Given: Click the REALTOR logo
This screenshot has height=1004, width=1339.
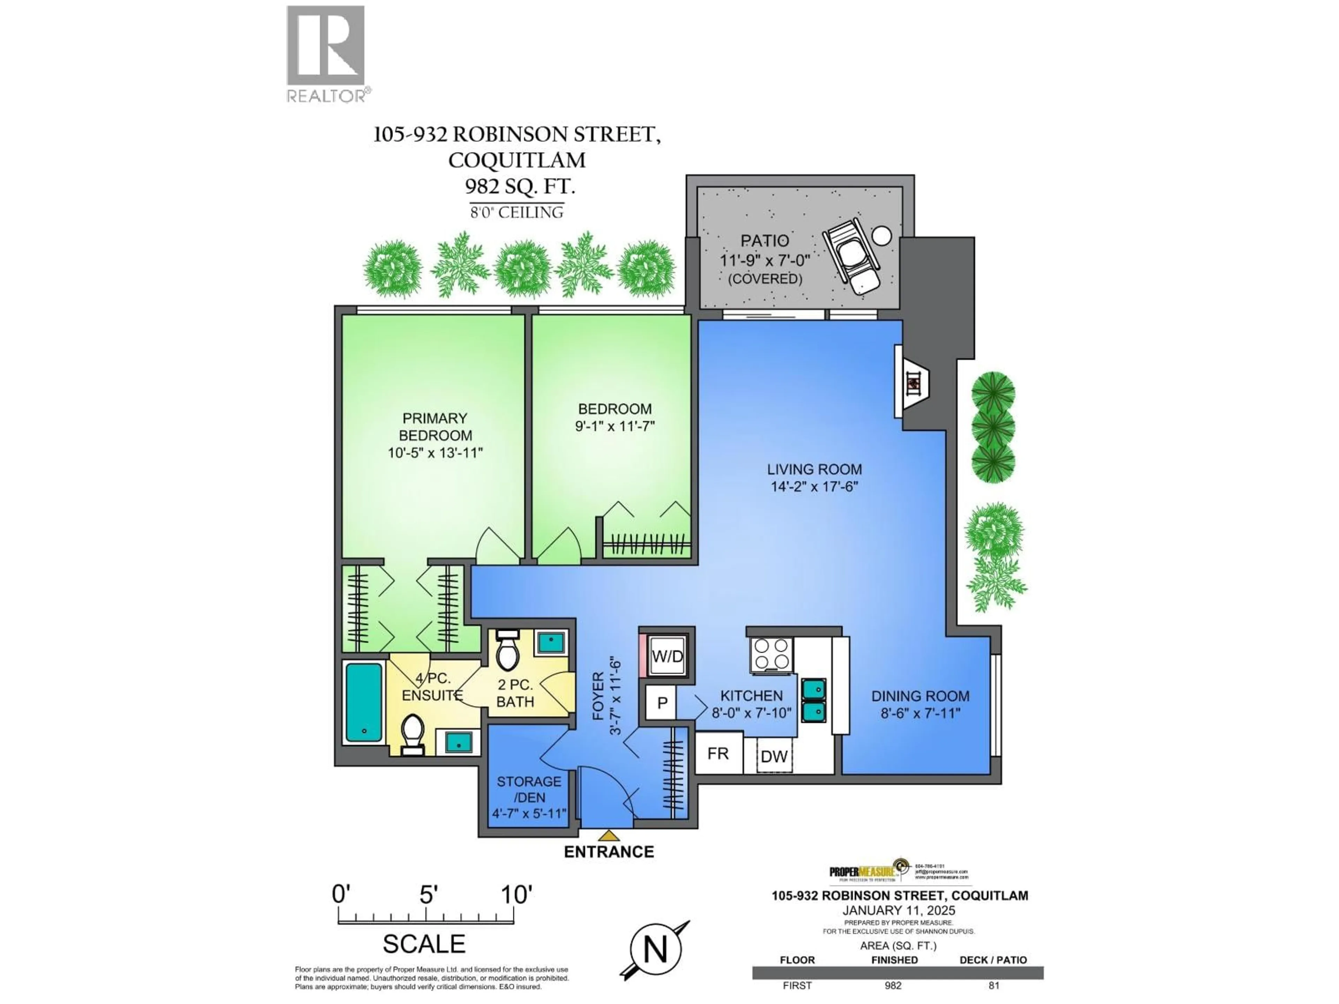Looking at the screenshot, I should (326, 53).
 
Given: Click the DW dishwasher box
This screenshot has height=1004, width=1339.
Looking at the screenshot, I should (774, 756).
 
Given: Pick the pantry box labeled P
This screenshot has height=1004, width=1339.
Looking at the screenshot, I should (662, 702).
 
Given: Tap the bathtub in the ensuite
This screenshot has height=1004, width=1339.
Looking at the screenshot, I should (363, 702).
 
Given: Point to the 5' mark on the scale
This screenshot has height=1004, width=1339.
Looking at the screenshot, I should (428, 895).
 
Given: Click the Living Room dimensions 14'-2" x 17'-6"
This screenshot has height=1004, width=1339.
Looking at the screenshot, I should (814, 487).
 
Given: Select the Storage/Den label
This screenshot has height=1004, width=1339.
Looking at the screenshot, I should (529, 789).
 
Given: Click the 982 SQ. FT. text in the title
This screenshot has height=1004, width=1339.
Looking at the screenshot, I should (519, 186).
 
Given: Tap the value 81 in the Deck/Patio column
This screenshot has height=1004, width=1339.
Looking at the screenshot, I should (993, 985).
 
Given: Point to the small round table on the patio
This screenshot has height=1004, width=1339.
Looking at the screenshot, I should (882, 235).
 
